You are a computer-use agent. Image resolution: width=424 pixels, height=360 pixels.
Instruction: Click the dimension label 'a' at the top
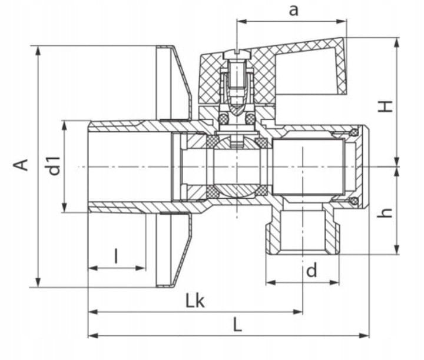tap(293, 11)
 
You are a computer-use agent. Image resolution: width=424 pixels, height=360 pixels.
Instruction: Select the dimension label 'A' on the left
tap(21, 165)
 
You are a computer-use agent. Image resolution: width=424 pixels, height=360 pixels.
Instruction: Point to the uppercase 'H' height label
tap(385, 106)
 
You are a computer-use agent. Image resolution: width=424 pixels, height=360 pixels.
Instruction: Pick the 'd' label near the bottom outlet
tap(312, 271)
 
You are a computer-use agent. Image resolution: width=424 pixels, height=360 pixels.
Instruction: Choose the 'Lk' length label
tap(195, 301)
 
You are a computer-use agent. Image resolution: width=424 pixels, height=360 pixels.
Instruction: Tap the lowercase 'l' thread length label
tap(116, 256)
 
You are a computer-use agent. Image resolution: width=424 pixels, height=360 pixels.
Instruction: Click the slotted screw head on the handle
tap(237, 54)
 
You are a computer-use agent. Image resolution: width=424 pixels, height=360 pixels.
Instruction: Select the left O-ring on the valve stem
tap(223, 119)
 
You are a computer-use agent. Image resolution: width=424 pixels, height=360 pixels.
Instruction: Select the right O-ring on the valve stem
tap(250, 119)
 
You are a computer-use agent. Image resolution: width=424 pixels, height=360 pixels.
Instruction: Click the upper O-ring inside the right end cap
tap(354, 132)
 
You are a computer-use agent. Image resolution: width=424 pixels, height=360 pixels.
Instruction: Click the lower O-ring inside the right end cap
tap(354, 201)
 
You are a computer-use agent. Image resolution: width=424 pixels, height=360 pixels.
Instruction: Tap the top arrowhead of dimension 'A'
tap(38, 51)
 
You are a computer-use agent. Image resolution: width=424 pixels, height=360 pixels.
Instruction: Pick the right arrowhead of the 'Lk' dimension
tap(297, 312)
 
